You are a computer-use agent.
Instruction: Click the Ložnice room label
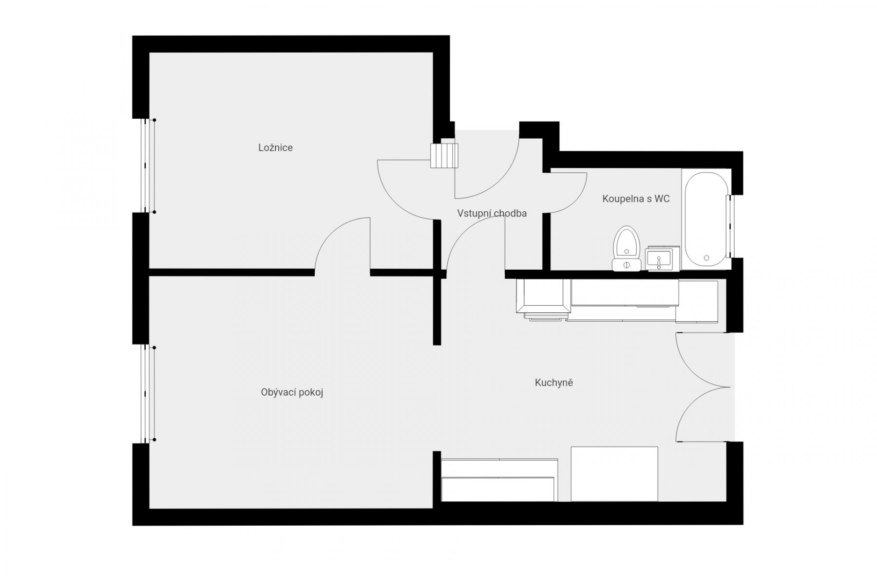pyautogui.click(x=275, y=147)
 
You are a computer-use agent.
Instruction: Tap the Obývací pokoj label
pyautogui.click(x=292, y=392)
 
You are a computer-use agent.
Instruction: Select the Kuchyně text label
pyautogui.click(x=554, y=383)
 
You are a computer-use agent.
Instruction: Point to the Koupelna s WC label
pyautogui.click(x=636, y=199)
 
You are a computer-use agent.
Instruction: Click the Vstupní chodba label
pyautogui.click(x=492, y=213)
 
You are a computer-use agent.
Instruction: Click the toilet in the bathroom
pyautogui.click(x=626, y=248)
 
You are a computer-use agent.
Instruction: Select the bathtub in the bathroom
pyautogui.click(x=706, y=219)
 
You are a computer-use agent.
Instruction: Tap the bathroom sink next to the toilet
pyautogui.click(x=659, y=258)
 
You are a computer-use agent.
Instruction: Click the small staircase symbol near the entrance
pyautogui.click(x=444, y=155)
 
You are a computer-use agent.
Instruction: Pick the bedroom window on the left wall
pyautogui.click(x=148, y=166)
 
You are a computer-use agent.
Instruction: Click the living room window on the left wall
pyautogui.click(x=148, y=394)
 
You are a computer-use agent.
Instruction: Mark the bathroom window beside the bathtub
pyautogui.click(x=729, y=226)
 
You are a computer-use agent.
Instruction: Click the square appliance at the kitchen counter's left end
pyautogui.click(x=543, y=296)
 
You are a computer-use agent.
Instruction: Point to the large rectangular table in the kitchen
pyautogui.click(x=614, y=474)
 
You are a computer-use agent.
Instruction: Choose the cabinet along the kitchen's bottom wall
pyautogui.click(x=499, y=480)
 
